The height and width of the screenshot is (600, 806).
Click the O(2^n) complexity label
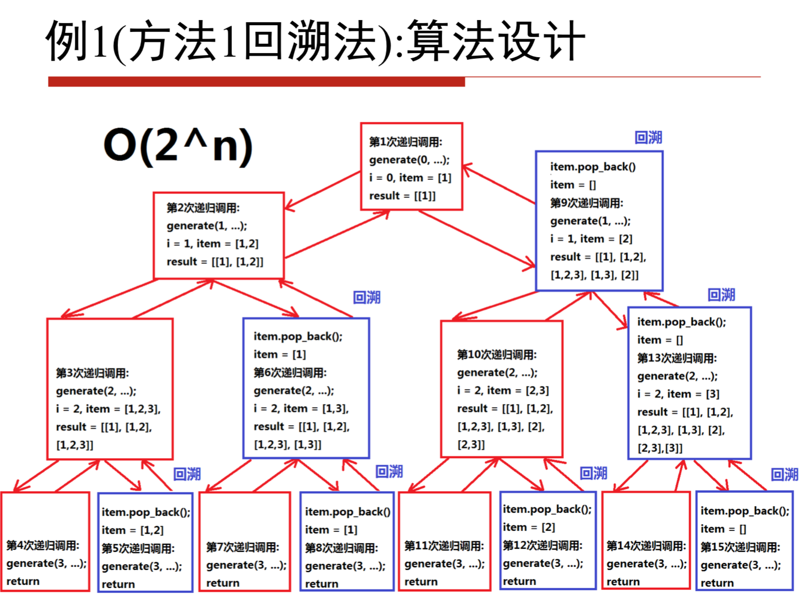[178, 146]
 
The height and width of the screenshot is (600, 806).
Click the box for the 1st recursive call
[411, 166]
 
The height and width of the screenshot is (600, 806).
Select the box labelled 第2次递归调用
[219, 236]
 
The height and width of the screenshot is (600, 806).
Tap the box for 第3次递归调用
[110, 389]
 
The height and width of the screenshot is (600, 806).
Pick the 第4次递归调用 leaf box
[45, 541]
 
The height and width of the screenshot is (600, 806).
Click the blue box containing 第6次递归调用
[306, 388]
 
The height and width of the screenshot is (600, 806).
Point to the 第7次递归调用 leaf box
[245, 541]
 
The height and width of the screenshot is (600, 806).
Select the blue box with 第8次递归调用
[347, 541]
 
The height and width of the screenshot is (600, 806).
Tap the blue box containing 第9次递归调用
[599, 221]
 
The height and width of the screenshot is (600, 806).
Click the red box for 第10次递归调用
[501, 389]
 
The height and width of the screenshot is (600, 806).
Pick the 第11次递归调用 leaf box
[444, 541]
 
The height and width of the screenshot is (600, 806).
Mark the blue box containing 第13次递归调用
[690, 383]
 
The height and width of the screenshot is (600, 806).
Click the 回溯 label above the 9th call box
[648, 138]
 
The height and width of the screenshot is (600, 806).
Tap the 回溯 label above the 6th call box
[366, 297]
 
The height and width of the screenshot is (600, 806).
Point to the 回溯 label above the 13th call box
[721, 295]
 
